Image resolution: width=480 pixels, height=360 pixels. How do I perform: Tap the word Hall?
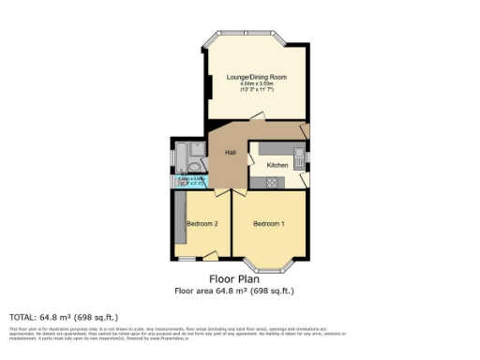click(x=230, y=153)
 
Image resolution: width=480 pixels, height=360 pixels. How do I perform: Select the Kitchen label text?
click(x=277, y=165)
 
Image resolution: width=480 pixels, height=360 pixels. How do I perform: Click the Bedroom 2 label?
click(x=202, y=224)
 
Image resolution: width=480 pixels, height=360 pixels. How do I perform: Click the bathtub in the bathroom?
click(x=179, y=158)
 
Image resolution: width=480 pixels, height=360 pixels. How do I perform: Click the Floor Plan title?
click(x=234, y=278)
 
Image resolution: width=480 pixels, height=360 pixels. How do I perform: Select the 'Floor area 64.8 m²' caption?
click(x=234, y=291)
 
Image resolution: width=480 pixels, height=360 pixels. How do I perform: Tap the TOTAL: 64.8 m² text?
click(x=64, y=317)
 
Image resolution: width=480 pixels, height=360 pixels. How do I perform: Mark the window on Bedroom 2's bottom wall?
click(x=187, y=258)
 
